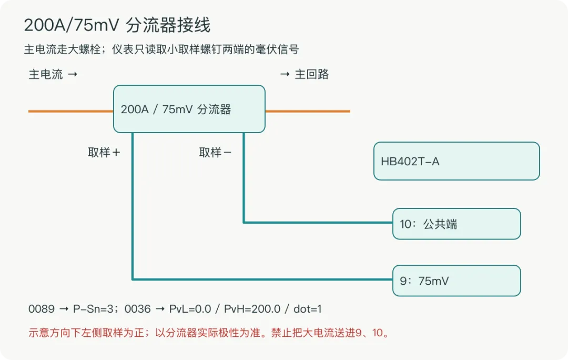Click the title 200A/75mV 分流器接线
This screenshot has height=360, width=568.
pos(117,25)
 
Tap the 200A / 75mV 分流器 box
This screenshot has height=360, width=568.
pos(189,109)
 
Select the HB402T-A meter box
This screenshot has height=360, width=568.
pos(457,161)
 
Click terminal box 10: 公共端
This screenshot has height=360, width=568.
pos(457,224)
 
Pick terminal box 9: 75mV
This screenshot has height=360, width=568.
pos(457,281)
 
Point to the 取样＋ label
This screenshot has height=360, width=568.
pos(104,152)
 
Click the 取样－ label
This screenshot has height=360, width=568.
pos(215,152)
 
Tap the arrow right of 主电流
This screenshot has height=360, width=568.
pos(73,74)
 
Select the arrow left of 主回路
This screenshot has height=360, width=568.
pos(285,74)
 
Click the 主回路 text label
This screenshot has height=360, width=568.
pos(311,74)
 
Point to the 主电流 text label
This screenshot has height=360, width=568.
pos(46,74)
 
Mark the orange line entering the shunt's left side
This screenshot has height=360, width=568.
pos(71,111)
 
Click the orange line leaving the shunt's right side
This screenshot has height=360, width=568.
pos(308,111)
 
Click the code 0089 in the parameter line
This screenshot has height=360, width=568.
pos(42,309)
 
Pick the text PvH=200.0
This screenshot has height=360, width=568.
pos(252,309)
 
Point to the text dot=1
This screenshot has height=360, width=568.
pos(308,309)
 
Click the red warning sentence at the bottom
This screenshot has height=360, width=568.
pos(209,333)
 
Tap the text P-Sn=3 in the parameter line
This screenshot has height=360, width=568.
pos(95,309)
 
